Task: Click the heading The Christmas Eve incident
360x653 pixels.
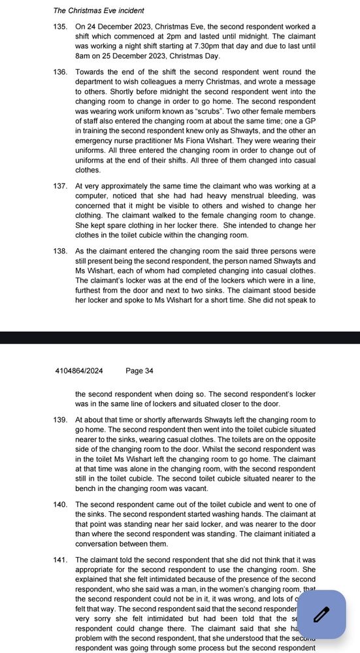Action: [99, 10]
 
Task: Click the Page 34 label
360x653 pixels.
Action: [139, 371]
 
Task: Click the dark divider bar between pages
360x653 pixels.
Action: [180, 338]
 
